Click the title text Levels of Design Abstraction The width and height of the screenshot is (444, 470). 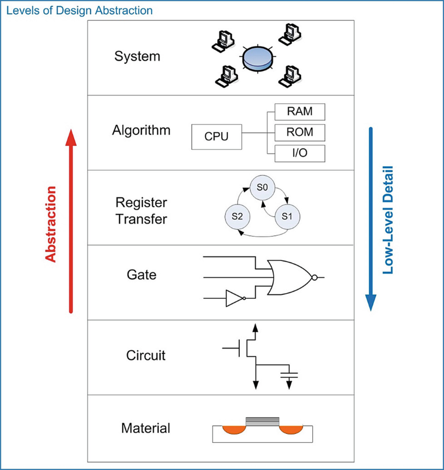coord(79,10)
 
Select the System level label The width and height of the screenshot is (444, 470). coord(137,56)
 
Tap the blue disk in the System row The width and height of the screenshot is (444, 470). coord(257,59)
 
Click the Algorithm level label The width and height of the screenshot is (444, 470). coord(141,130)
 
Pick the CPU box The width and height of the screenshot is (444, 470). coord(217,137)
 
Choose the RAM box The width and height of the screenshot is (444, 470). coord(299,112)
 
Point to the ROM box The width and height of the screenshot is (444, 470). coord(299,133)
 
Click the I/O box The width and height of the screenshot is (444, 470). coord(299,153)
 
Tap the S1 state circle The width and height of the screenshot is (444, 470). coord(287,217)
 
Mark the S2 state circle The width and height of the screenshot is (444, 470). coord(236,217)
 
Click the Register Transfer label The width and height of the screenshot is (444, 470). coord(141,211)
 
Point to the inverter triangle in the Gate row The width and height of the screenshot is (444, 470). coord(233,298)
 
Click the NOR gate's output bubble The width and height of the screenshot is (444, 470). coord(314,277)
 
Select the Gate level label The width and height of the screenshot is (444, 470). coord(141,275)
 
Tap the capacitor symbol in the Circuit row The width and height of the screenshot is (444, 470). coord(289,375)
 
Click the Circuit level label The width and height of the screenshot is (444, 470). coord(145,356)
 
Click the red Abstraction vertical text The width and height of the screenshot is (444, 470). coord(51,224)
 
